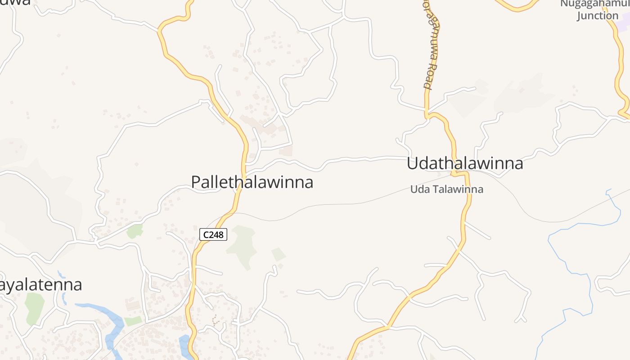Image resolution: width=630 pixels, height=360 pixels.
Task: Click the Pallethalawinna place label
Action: coord(252,182)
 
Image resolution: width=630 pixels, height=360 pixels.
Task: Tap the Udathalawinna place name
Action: coord(465,163)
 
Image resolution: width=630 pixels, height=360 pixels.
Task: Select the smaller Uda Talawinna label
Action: coord(446,189)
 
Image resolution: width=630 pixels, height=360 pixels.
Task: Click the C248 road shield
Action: coord(213,234)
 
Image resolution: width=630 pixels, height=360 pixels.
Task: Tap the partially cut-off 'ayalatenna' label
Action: coord(41,285)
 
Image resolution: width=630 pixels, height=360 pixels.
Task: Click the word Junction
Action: coord(598,16)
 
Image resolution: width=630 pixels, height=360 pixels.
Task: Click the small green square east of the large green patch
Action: coord(279,254)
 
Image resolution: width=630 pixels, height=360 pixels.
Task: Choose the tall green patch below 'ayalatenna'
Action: coord(34,308)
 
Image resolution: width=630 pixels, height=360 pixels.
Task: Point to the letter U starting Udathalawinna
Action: coord(412,163)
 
